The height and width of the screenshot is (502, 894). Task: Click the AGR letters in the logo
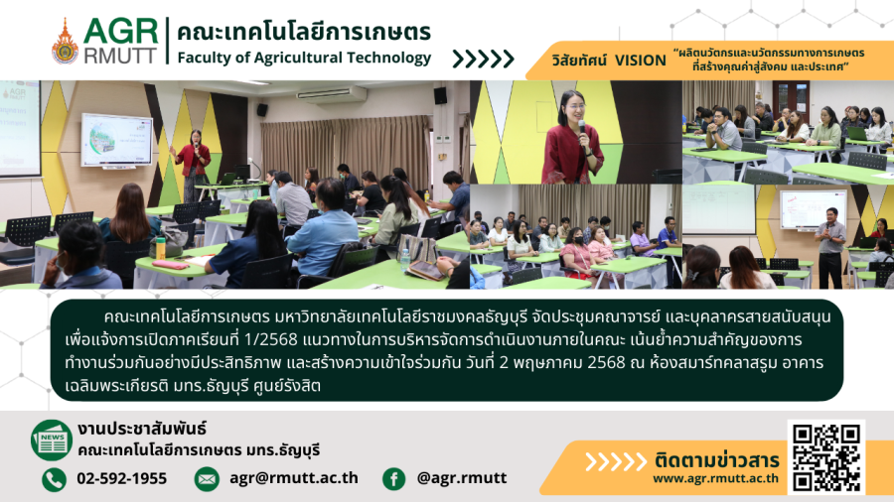click(x=121, y=32)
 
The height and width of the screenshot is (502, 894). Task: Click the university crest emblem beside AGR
click(x=65, y=42)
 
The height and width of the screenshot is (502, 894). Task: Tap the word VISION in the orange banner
click(x=641, y=61)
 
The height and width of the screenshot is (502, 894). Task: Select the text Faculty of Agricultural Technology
click(x=305, y=59)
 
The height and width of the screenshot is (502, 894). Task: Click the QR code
click(x=826, y=457)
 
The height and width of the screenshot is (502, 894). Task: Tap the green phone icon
click(x=55, y=479)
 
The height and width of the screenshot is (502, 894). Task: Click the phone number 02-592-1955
click(x=122, y=478)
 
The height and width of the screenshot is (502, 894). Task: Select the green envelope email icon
click(x=207, y=479)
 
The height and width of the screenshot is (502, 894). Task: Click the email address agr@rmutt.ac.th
click(x=294, y=478)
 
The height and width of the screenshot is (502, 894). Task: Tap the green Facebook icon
click(x=394, y=479)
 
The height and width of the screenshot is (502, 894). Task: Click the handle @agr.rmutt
click(x=462, y=478)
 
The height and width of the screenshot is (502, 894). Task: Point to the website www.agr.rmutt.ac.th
click(x=715, y=478)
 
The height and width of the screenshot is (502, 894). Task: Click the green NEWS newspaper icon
click(x=52, y=439)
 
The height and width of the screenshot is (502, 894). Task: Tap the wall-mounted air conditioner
click(x=332, y=94)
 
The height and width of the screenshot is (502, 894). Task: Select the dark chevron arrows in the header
click(x=484, y=59)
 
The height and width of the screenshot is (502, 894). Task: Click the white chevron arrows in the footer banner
click(x=616, y=461)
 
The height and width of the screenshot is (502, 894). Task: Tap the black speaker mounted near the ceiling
click(x=440, y=95)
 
